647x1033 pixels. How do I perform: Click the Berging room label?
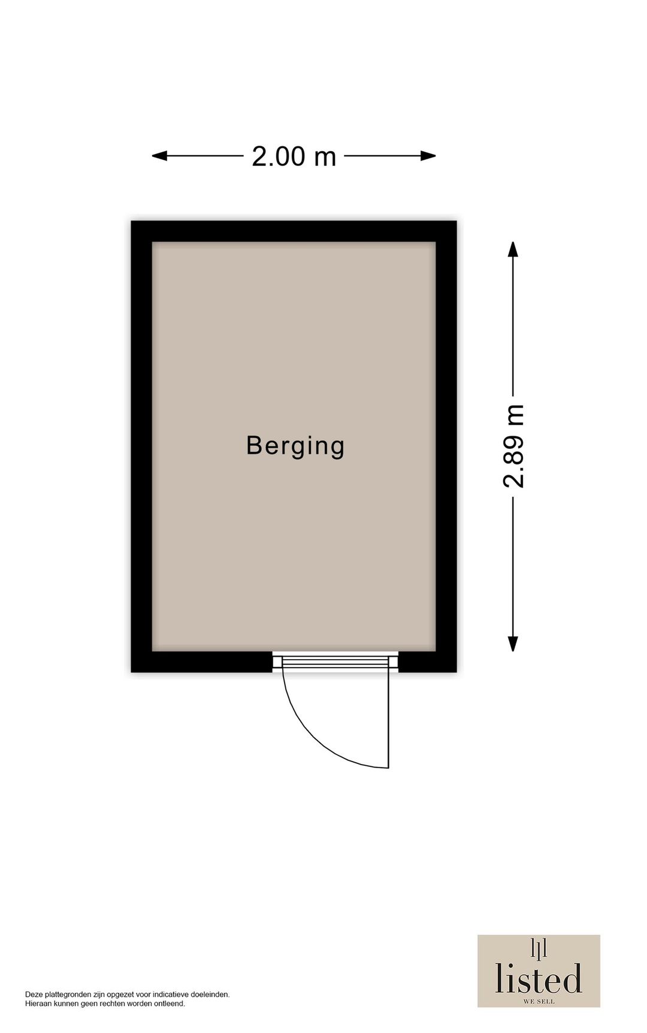pos(295,446)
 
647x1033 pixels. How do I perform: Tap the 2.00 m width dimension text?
pos(294,156)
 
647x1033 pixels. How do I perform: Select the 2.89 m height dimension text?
pos(514,446)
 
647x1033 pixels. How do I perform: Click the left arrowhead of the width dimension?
pos(159,156)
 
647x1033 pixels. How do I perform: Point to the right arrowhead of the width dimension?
pos(428,156)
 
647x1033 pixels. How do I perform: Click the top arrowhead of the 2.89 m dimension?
pos(513,249)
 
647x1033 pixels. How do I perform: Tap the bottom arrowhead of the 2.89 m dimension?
pos(513,644)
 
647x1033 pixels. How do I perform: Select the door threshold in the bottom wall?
pos(335,661)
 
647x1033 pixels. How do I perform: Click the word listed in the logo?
pos(539,978)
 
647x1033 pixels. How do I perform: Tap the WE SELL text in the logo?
pos(539,1001)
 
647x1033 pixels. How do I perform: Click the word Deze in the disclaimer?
pos(34,995)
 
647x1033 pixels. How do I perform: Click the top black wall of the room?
pos(294,231)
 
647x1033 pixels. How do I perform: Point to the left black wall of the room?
pos(141,446)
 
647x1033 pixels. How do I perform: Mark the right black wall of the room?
pos(446,446)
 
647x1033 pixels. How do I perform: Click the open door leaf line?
pos(389,719)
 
